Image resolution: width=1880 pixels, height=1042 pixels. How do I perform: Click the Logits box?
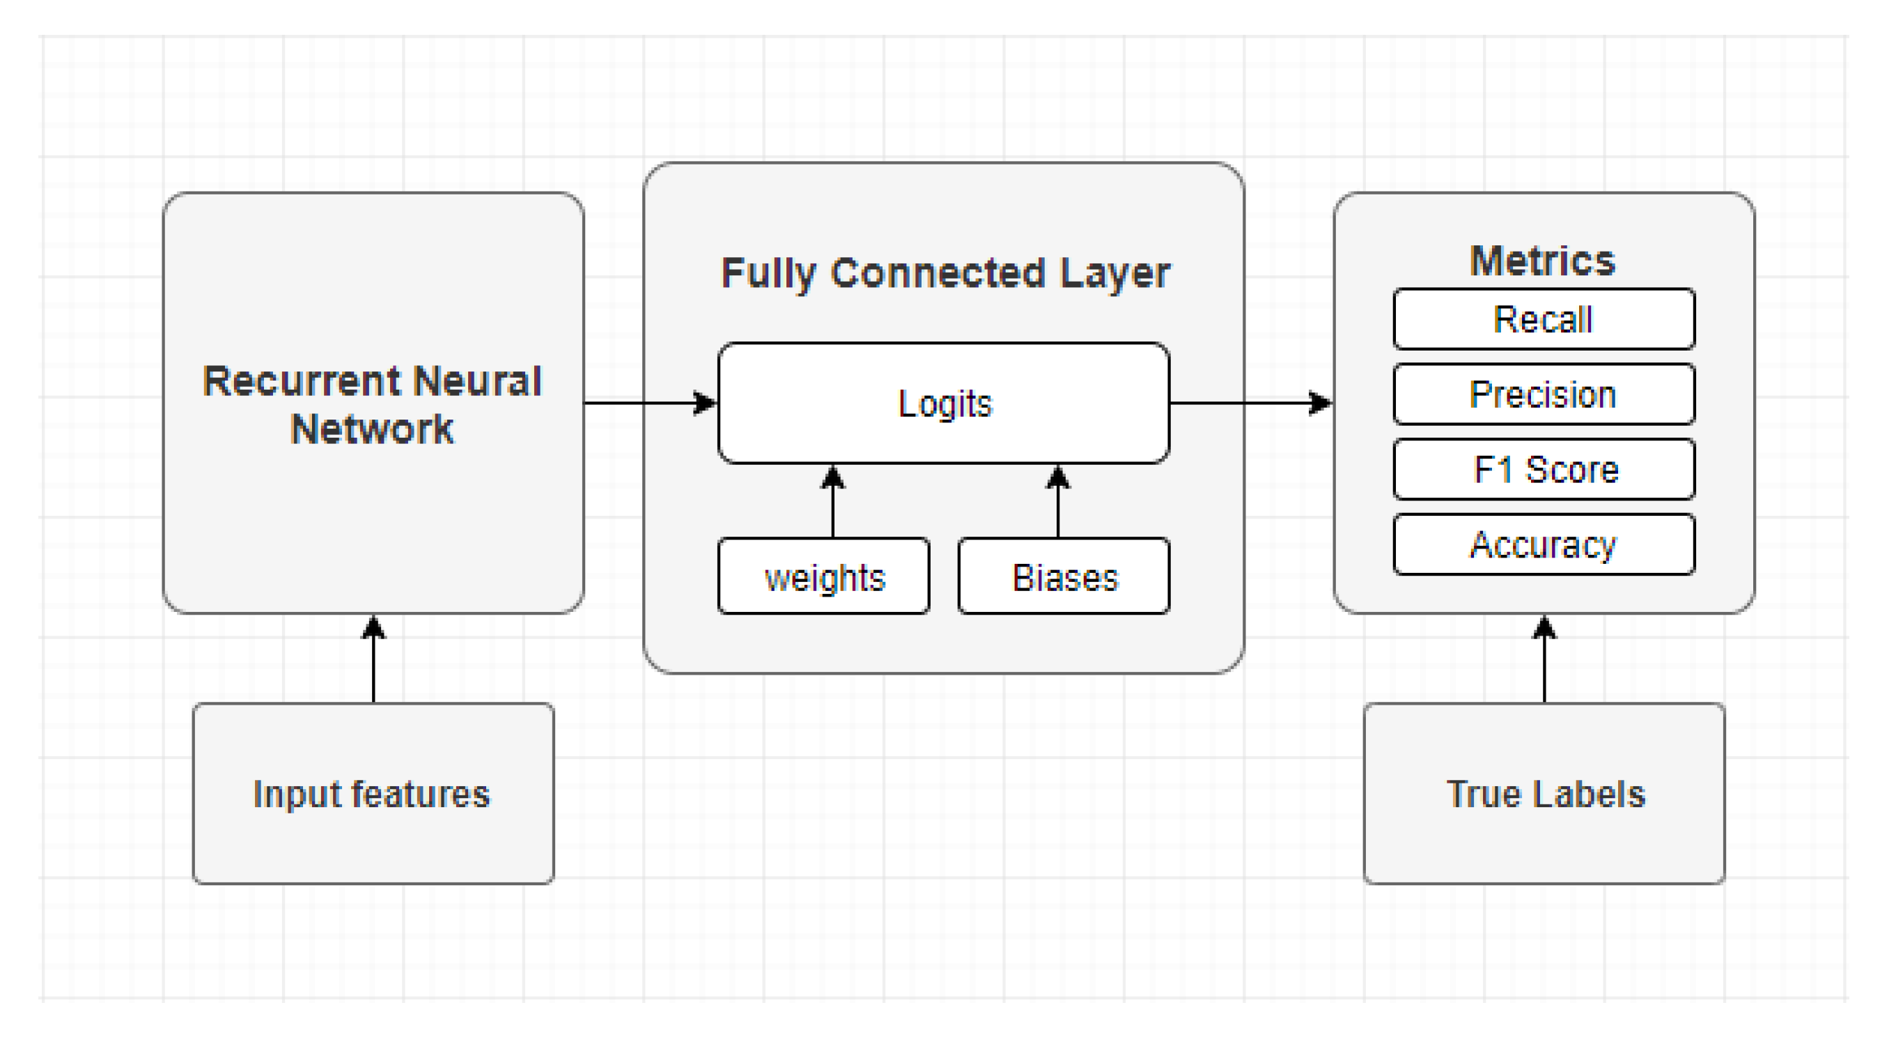944,403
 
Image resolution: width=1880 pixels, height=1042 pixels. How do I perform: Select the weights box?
823,577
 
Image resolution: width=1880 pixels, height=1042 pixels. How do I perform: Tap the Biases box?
1064,577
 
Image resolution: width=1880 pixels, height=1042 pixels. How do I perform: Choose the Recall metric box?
1543,319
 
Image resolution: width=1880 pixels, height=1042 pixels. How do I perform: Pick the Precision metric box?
1543,394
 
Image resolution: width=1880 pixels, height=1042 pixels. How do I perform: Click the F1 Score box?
1543,470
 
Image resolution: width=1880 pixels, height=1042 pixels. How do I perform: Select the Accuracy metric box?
1543,545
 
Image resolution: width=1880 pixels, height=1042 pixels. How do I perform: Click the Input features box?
373,794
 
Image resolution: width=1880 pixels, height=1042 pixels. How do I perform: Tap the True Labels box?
1544,794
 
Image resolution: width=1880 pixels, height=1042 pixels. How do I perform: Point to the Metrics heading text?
1542,261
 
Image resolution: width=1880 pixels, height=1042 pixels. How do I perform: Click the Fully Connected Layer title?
945,274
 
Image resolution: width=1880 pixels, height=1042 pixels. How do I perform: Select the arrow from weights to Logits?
832,504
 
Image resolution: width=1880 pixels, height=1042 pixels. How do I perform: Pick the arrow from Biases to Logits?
1057,504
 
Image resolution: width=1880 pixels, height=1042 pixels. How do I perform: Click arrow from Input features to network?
373,661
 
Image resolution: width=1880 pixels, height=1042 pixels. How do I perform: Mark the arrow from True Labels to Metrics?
1544,661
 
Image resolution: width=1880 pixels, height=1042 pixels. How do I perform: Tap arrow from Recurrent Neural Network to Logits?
649,402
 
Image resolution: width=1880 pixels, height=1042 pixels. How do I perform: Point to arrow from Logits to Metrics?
1250,402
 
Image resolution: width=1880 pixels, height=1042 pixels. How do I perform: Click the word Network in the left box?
372,429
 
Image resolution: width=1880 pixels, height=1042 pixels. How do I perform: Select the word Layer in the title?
1114,274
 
